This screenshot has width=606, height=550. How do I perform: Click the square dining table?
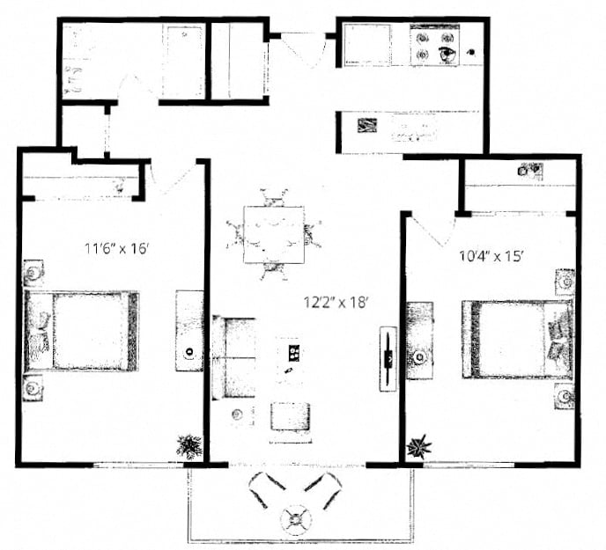(x=273, y=234)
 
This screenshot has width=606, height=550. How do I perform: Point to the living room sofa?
(x=233, y=357)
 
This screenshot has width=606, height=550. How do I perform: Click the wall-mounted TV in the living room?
(x=388, y=359)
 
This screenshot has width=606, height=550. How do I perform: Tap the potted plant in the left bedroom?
(x=188, y=446)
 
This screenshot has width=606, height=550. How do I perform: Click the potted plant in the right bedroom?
(x=418, y=445)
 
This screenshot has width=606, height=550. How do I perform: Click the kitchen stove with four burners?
(x=436, y=45)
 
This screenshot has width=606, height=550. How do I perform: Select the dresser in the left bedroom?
(x=189, y=330)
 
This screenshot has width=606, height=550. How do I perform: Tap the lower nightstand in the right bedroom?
(x=565, y=395)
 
